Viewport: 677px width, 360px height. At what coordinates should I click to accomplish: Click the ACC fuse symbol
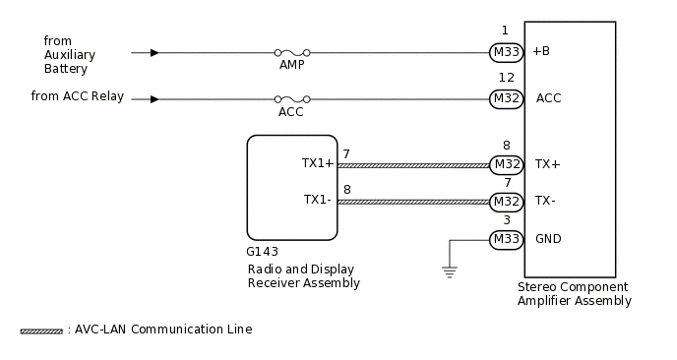tap(291, 98)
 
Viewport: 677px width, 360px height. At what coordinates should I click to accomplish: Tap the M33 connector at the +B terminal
tap(506, 52)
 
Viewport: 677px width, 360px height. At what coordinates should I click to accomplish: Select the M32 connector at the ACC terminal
tap(506, 98)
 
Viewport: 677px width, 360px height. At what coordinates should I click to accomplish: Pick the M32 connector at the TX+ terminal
tap(506, 164)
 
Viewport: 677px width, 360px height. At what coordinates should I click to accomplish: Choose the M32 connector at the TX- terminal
tap(506, 202)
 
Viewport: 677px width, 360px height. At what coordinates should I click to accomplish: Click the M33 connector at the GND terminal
tap(506, 239)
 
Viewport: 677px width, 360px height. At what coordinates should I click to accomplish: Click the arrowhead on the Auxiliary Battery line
tap(154, 52)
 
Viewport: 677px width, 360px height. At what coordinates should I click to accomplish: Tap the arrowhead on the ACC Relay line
tap(154, 98)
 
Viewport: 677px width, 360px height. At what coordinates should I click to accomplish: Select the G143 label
tap(263, 252)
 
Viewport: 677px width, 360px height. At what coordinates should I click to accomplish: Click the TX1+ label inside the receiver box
tap(318, 163)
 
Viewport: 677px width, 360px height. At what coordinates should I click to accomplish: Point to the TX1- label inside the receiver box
tap(318, 199)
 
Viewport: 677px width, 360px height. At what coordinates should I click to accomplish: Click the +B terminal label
tap(541, 51)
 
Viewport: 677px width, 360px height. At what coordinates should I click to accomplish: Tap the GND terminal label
tap(548, 239)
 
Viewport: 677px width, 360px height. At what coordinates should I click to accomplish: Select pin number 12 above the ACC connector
tap(506, 78)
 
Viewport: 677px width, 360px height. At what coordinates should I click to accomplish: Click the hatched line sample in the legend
tap(40, 330)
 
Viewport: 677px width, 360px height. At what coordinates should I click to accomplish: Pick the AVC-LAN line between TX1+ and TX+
tap(413, 164)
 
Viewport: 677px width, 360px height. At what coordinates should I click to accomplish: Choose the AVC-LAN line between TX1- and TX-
tap(413, 202)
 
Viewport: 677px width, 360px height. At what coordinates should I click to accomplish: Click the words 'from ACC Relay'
tap(77, 95)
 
